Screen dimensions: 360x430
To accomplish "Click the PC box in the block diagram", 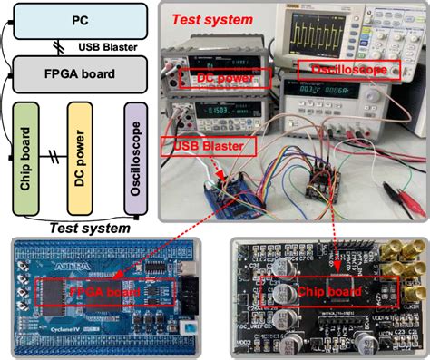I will [x=78, y=17].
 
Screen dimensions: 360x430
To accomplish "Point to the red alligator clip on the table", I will [x=399, y=189].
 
